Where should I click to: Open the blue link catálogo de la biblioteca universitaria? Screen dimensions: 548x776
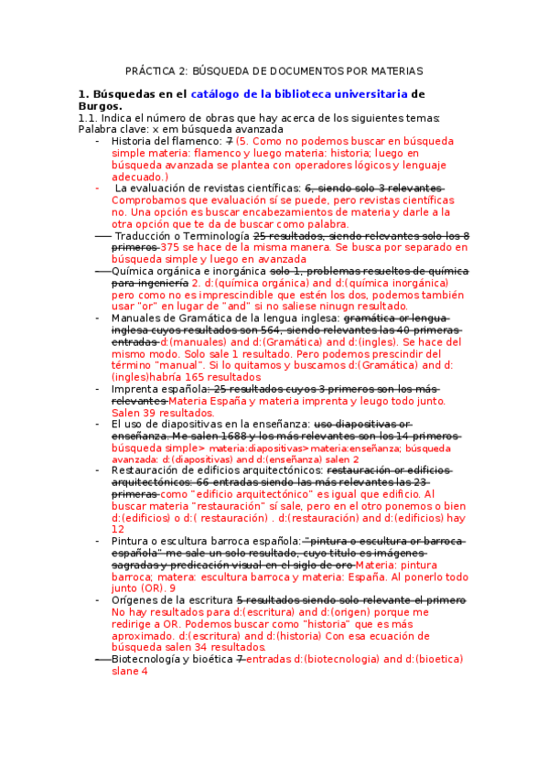tap(299, 93)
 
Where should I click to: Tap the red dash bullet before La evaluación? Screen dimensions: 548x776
tap(99, 189)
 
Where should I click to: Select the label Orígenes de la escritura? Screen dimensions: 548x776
tap(171, 600)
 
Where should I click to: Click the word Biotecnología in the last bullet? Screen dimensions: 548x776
tap(149, 659)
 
